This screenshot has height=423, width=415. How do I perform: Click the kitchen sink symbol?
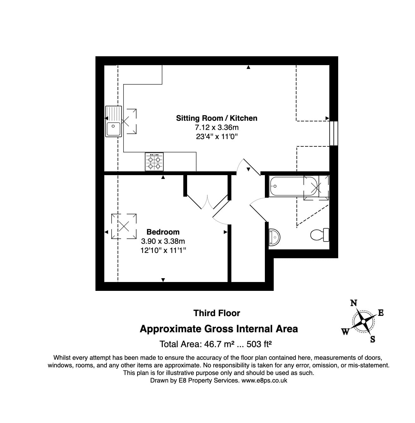(x=113, y=122)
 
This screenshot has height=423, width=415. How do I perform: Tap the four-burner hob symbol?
(x=154, y=162)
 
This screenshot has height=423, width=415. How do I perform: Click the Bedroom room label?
(x=163, y=232)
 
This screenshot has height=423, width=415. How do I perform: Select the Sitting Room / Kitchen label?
(x=217, y=118)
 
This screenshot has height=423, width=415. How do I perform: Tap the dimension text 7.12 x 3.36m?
(x=217, y=127)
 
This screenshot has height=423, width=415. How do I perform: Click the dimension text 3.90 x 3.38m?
(x=163, y=241)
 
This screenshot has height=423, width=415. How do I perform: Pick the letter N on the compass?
(x=354, y=303)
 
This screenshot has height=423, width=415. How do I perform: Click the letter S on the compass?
(x=373, y=340)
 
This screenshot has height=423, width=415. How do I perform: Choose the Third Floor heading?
(x=217, y=313)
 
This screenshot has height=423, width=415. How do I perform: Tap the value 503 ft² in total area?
(x=259, y=344)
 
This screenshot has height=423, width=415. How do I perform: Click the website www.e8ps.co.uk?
(x=264, y=381)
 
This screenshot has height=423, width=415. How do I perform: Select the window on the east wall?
(x=334, y=133)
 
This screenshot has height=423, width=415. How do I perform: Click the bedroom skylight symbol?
(x=124, y=226)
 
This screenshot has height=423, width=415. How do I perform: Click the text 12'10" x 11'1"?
(x=163, y=250)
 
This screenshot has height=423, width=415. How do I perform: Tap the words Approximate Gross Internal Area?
(x=219, y=329)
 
